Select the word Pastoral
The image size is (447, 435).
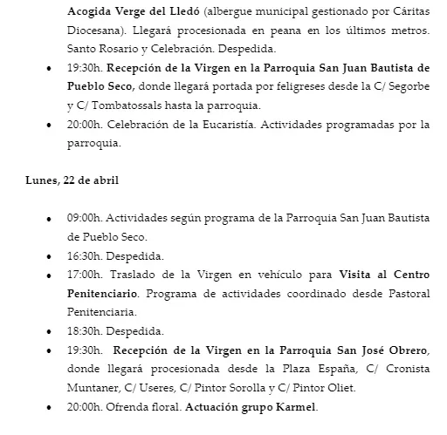pyautogui.click(x=409, y=295)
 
